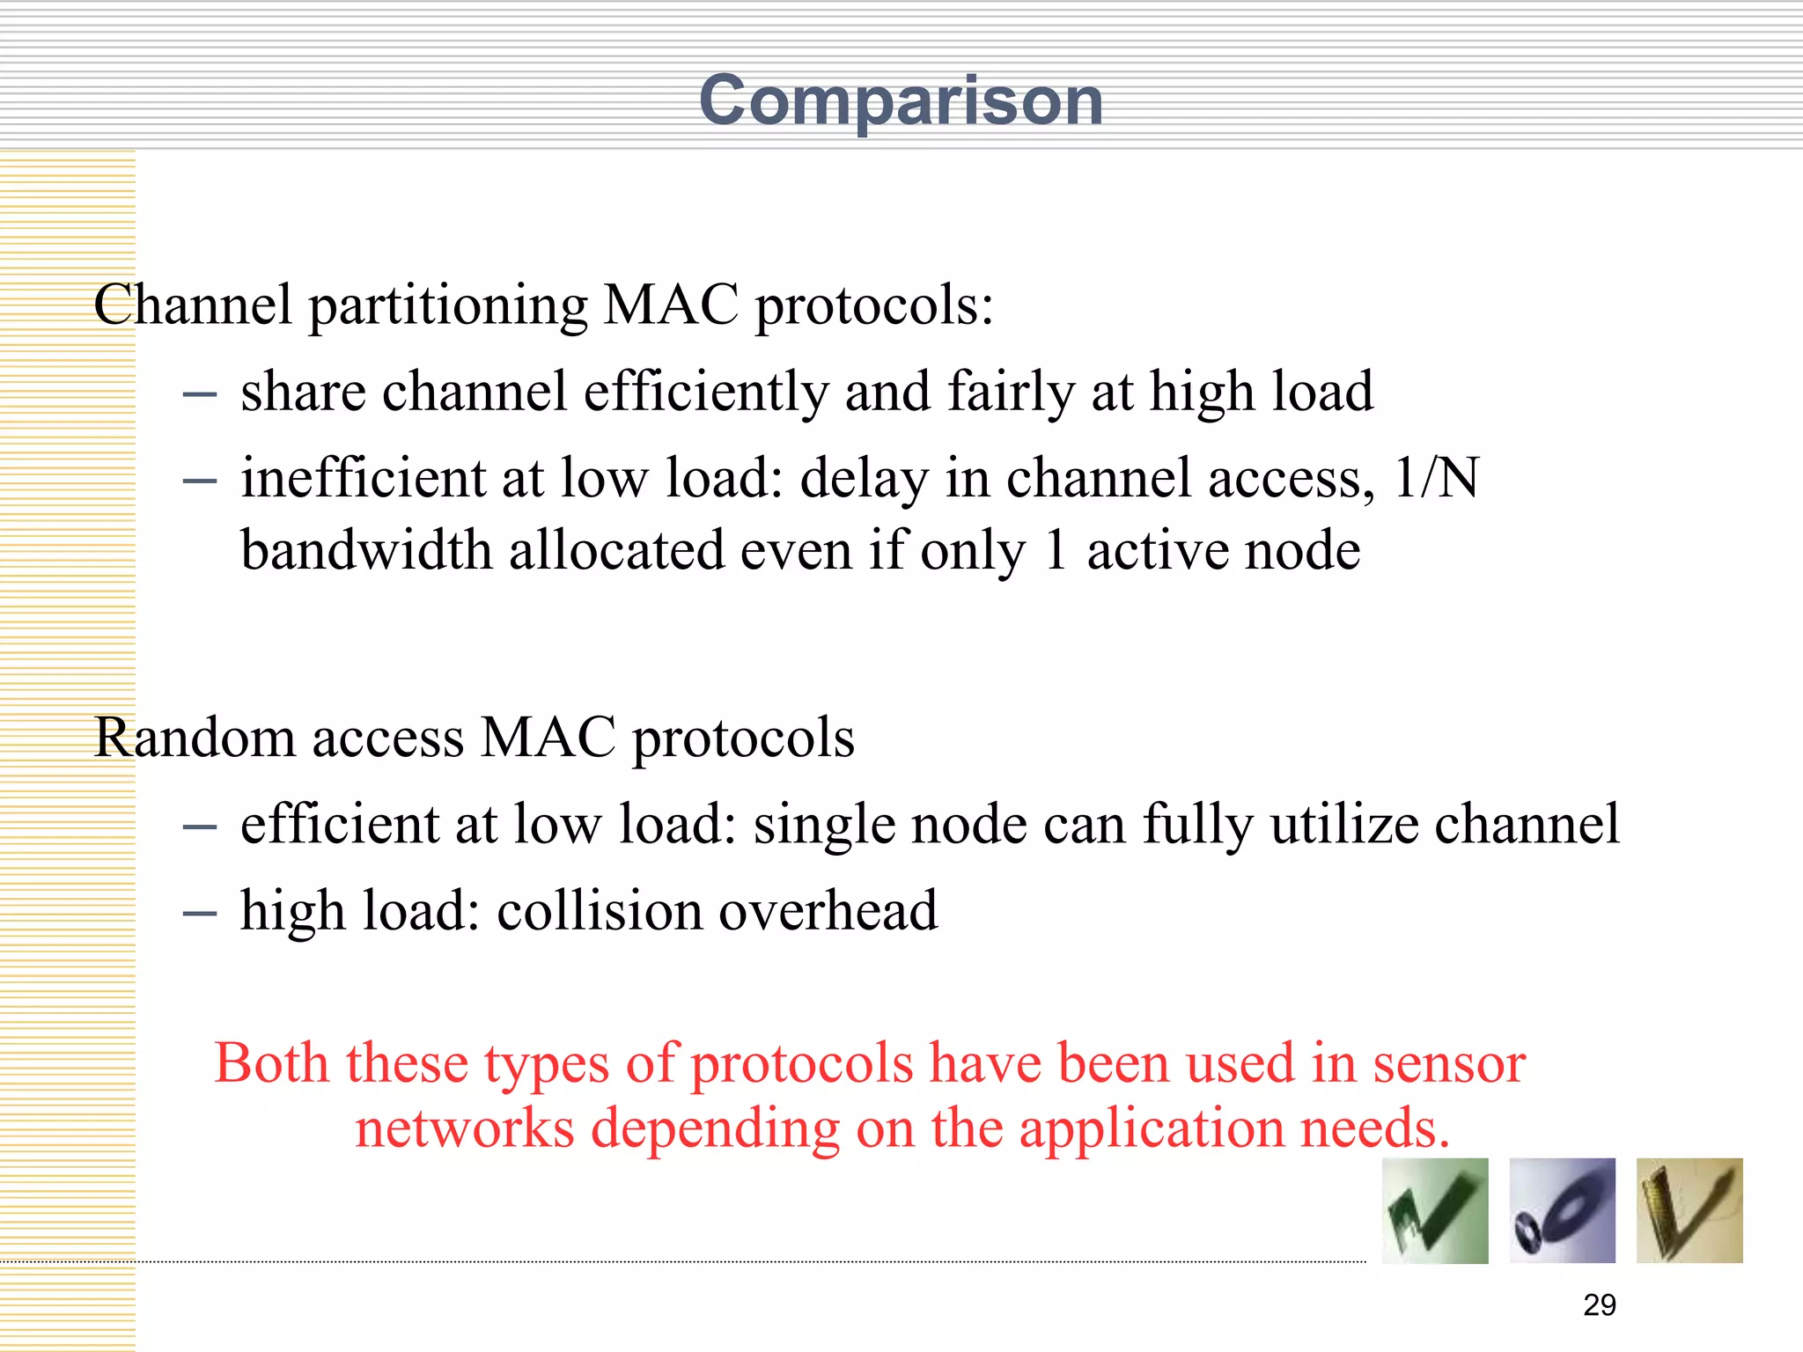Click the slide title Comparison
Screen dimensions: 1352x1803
point(901,102)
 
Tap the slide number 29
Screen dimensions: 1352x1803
point(1599,1304)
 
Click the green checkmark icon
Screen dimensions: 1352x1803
point(1434,1211)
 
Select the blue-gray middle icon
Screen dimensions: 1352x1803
point(1562,1211)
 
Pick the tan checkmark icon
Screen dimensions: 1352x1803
point(1689,1211)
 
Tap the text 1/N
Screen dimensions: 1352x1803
point(1437,478)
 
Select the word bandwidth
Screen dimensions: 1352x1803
point(366,551)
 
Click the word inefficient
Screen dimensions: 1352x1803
point(363,478)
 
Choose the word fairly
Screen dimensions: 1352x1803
point(1012,392)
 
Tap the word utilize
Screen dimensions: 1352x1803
point(1343,825)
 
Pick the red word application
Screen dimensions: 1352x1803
point(1152,1129)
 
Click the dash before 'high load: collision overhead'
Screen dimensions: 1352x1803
point(200,914)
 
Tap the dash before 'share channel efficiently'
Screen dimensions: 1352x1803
point(200,394)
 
